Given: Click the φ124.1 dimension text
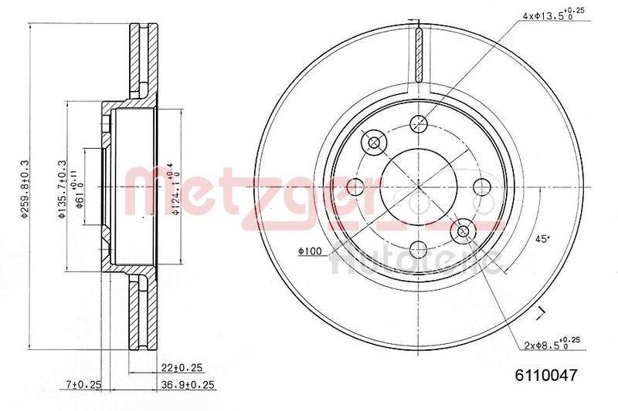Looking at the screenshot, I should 177,186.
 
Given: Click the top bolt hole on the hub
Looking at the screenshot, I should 419,123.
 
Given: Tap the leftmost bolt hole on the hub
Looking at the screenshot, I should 355,186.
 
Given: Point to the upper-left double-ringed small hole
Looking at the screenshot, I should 375,142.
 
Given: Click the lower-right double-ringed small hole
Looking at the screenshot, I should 463,230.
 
